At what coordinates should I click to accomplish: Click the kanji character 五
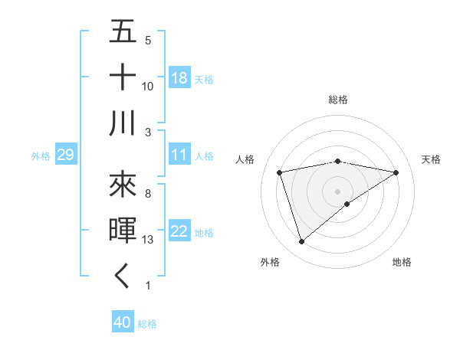coord(123,32)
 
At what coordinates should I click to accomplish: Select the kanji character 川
coord(123,123)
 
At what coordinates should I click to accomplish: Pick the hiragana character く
coord(123,277)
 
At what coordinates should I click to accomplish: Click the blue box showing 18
coord(179,77)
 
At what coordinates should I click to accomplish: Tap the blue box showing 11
coord(179,155)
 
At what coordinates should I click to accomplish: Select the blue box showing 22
coord(179,231)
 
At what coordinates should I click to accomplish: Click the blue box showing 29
coord(65,155)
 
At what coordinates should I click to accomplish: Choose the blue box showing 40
coord(123,322)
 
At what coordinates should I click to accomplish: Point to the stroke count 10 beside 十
coord(148,87)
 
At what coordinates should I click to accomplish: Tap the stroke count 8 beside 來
coord(148,194)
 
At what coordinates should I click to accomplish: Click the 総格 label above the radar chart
coord(338,100)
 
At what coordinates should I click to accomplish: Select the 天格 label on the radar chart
coord(431,159)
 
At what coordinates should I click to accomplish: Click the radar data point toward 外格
coord(301,242)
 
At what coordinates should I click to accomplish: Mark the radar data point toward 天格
coord(396,172)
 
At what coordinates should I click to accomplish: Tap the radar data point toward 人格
coord(280,172)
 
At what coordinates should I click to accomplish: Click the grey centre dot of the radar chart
coord(338,190)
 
